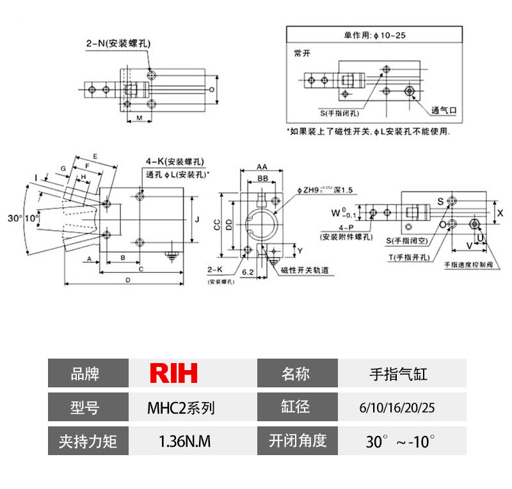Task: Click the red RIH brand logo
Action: [174, 373]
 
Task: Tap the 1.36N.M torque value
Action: [184, 441]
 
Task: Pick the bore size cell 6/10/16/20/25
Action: [401, 407]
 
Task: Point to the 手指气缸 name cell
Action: [398, 373]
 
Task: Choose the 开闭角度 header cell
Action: [297, 441]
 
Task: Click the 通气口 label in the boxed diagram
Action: [444, 109]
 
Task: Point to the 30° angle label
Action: [15, 218]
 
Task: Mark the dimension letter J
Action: [198, 220]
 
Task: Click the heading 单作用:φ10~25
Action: [374, 35]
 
